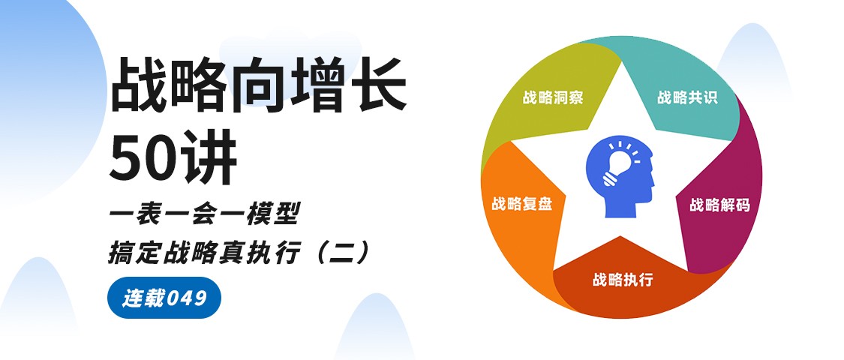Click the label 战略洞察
click(x=553, y=98)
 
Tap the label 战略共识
click(x=687, y=98)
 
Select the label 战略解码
click(x=719, y=205)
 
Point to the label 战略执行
click(x=623, y=280)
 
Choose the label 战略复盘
click(x=521, y=204)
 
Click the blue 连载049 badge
click(x=164, y=298)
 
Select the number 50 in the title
click(x=141, y=155)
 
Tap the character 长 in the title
click(x=378, y=85)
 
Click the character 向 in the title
click(x=258, y=85)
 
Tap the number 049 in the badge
click(x=186, y=298)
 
